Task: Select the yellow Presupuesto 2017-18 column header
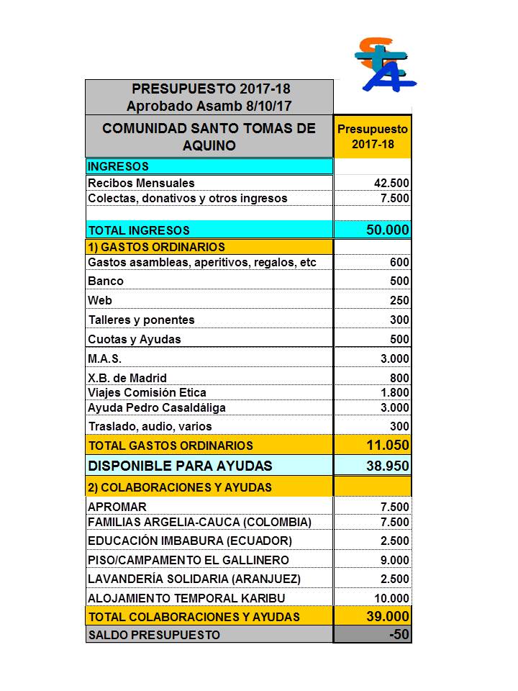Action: [373, 137]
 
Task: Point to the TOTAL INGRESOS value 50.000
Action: [388, 230]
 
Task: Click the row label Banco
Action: [106, 281]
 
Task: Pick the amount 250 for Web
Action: [399, 301]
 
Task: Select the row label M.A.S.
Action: [105, 358]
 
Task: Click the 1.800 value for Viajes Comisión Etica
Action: [394, 393]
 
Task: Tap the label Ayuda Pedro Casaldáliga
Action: [157, 408]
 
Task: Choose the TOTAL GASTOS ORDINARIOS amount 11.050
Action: [388, 446]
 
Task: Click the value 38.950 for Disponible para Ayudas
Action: [388, 466]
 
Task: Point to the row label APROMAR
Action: [117, 507]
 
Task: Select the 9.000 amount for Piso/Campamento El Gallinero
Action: [394, 560]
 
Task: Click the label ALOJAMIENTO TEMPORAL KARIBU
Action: [186, 598]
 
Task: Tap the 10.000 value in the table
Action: [391, 598]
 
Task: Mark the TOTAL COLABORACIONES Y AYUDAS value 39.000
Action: [388, 617]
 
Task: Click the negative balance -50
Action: [399, 635]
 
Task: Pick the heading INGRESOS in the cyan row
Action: [118, 167]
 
